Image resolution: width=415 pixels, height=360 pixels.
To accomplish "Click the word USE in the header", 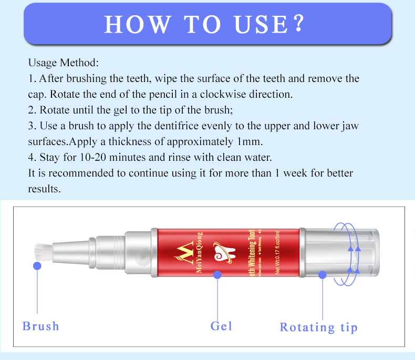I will click(256, 24).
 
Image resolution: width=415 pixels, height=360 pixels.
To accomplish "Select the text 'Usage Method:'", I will click(63, 63).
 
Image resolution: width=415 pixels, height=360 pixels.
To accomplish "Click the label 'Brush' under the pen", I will click(41, 326).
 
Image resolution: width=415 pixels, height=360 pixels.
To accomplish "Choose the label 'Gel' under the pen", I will click(221, 326).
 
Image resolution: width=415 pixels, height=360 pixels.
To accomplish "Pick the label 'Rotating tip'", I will click(318, 327).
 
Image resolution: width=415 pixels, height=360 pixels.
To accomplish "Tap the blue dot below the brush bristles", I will click(37, 266).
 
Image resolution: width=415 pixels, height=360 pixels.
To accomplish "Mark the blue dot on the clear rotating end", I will click(323, 274).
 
